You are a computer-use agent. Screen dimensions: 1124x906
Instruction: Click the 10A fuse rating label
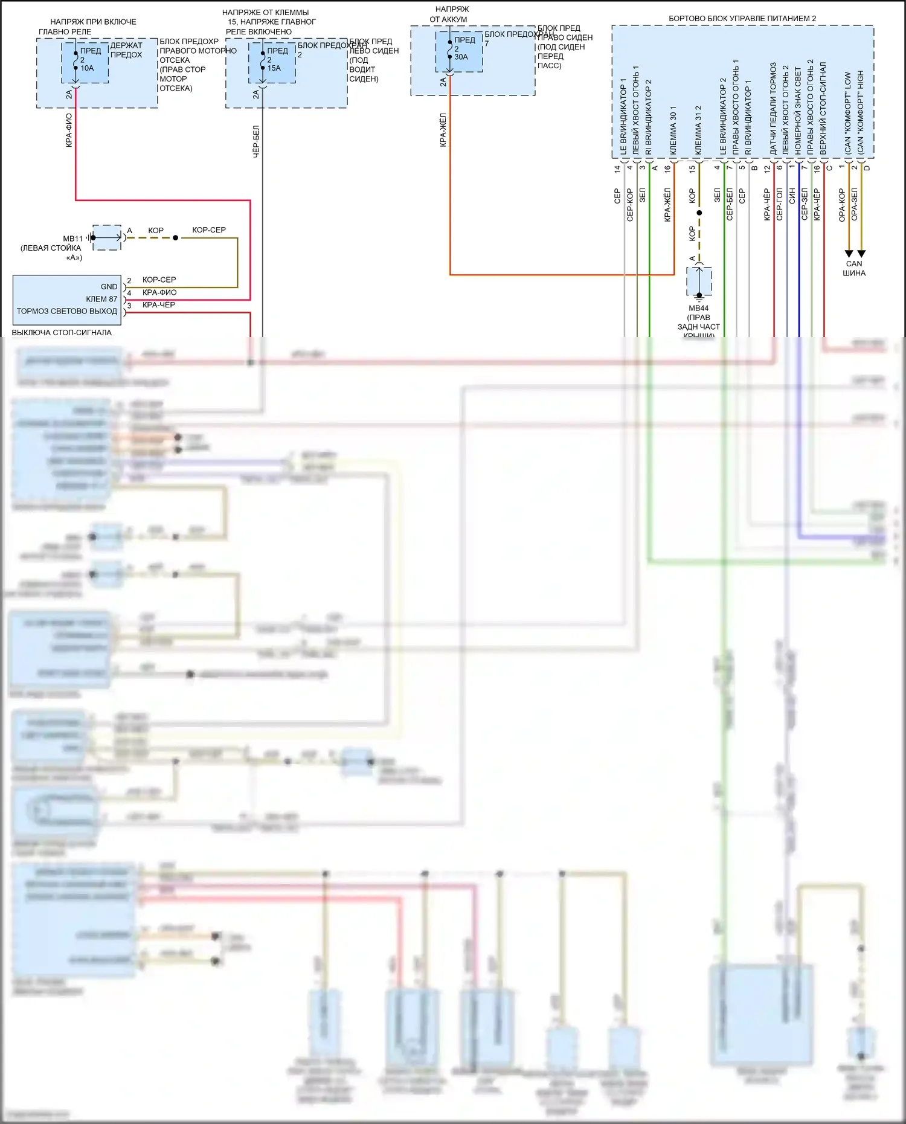click(88, 68)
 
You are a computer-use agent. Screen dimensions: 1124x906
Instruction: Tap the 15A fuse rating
click(274, 68)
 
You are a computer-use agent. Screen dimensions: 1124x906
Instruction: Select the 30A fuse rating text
click(461, 57)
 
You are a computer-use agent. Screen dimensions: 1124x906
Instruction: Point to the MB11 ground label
click(72, 239)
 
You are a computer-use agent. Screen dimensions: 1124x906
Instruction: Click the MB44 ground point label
click(699, 308)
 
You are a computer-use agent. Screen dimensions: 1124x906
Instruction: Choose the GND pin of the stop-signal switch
click(109, 287)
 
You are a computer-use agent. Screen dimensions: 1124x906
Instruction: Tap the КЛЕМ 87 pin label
click(101, 299)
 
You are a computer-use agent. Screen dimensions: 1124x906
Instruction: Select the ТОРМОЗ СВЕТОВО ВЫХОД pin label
click(67, 311)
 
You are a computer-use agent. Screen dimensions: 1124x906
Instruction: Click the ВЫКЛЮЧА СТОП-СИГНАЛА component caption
click(62, 332)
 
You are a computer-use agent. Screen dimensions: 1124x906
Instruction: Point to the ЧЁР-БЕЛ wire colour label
click(256, 141)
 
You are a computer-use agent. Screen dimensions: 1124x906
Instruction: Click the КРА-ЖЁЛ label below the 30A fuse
click(443, 129)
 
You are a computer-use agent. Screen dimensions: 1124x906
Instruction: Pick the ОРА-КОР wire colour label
click(842, 205)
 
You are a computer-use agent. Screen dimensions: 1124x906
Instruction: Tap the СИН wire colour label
click(792, 196)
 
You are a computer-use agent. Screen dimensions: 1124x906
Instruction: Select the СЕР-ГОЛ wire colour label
click(780, 204)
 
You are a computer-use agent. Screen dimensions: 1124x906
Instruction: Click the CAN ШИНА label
click(854, 268)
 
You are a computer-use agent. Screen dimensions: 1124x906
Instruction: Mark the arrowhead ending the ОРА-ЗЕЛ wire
click(861, 254)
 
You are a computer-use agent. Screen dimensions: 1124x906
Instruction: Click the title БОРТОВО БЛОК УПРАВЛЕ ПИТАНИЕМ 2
click(742, 19)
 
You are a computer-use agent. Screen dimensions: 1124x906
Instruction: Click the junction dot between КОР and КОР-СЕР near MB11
click(176, 238)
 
